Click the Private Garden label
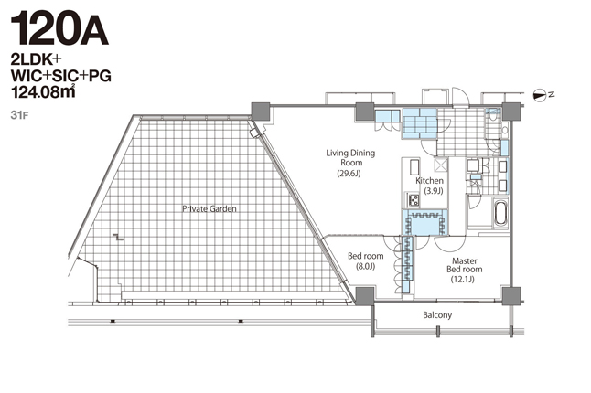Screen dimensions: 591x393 (x=210, y=209)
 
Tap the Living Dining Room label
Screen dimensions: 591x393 (x=350, y=158)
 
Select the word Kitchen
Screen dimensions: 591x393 (x=429, y=181)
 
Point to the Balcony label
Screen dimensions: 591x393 (x=437, y=315)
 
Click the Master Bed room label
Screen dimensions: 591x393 (x=465, y=265)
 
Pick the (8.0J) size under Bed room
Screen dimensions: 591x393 (x=366, y=267)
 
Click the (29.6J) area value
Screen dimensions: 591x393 (x=349, y=174)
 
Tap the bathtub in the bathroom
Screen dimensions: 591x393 (x=500, y=213)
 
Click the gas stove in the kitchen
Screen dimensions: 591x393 (x=413, y=200)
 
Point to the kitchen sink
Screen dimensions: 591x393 (x=414, y=167)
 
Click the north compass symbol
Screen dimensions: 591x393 (x=540, y=96)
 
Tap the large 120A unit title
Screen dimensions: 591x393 (x=59, y=28)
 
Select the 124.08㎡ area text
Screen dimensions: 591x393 (x=43, y=91)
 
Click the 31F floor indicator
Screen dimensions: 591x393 (x=19, y=115)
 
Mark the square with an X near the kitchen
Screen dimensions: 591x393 (x=441, y=165)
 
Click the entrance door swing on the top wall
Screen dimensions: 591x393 (x=460, y=97)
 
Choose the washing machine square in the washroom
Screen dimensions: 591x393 (x=473, y=165)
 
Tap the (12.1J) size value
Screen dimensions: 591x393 (x=463, y=279)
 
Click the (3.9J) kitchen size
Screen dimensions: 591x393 (x=434, y=191)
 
